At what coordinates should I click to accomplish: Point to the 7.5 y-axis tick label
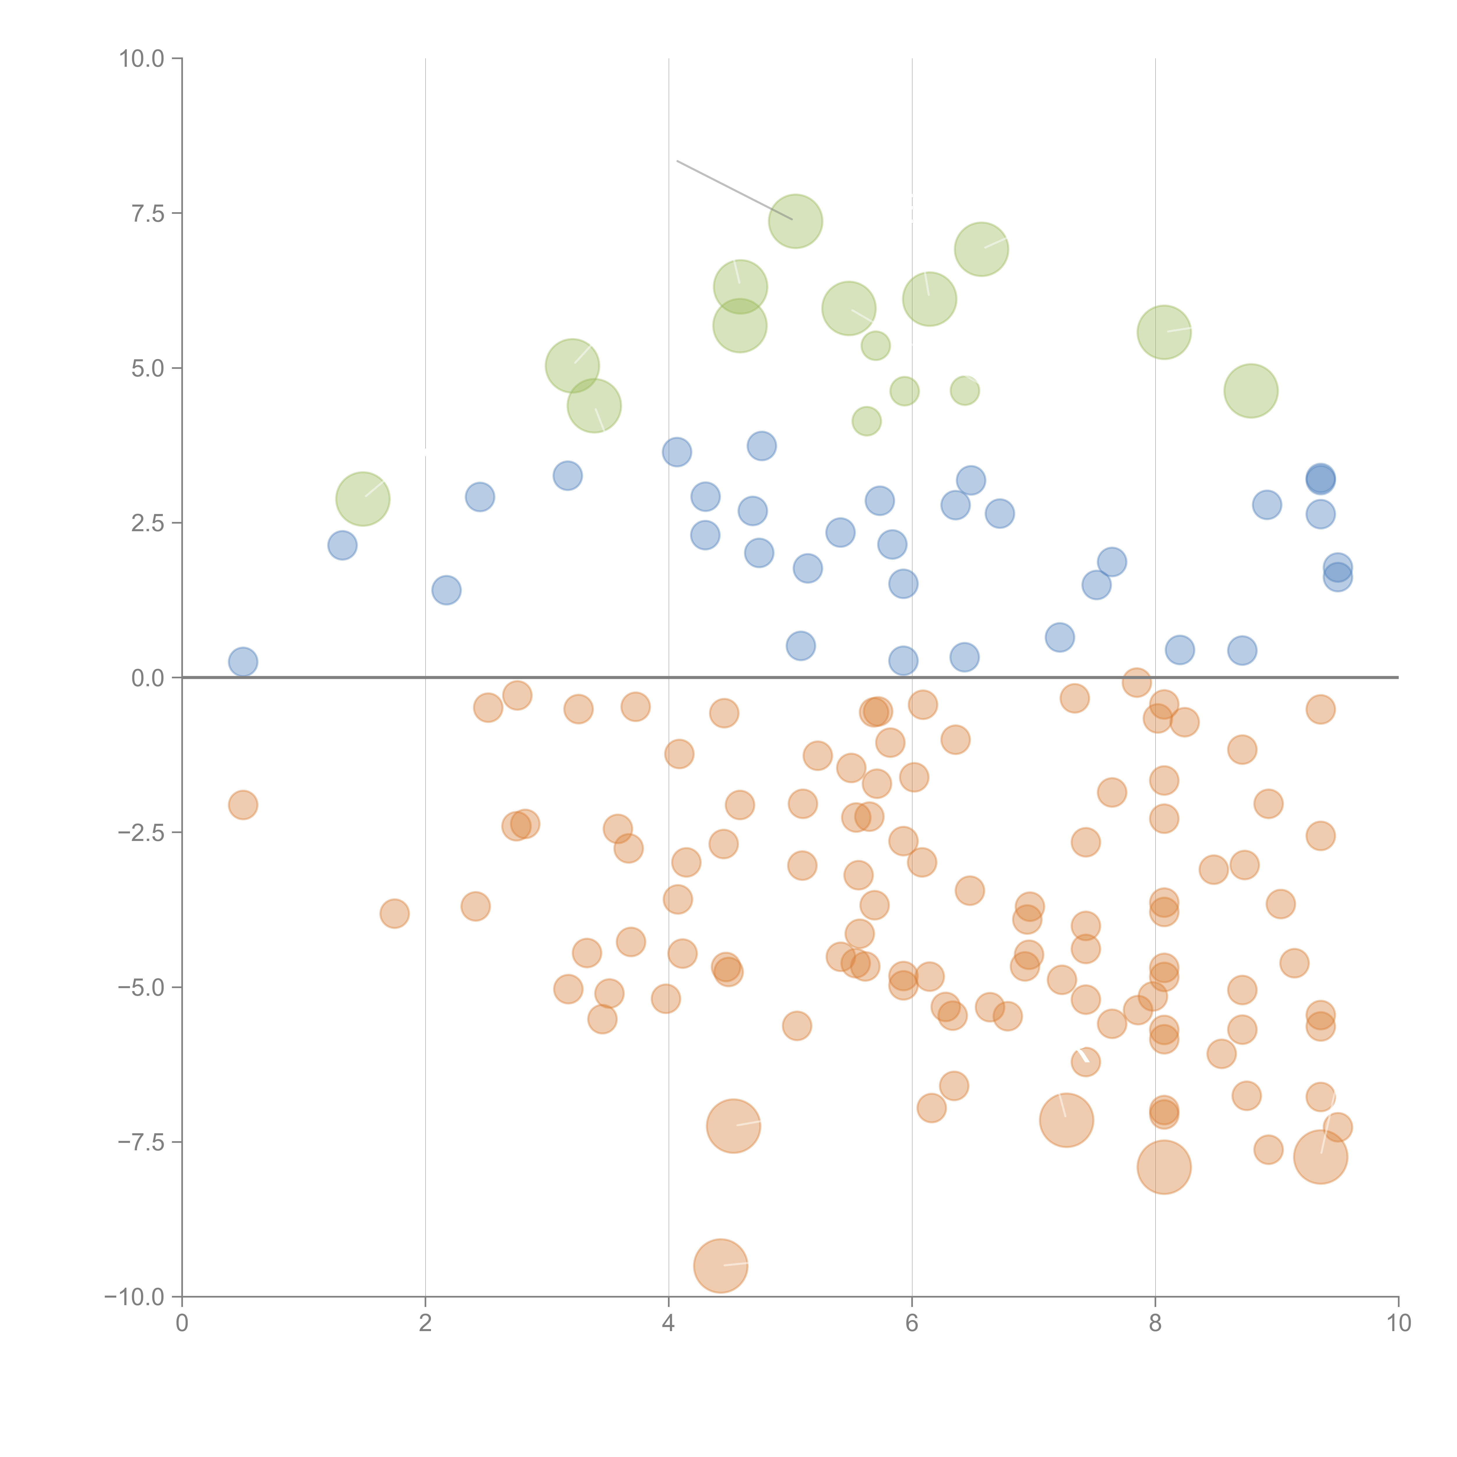tap(148, 213)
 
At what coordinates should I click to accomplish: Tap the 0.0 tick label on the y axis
tap(148, 678)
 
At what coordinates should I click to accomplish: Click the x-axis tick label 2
tap(425, 1324)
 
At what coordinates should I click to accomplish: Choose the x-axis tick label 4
tap(668, 1324)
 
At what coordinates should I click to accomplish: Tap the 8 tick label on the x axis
tap(1155, 1324)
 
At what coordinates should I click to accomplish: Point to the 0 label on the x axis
tap(182, 1324)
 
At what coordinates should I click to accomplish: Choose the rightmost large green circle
tap(1250, 391)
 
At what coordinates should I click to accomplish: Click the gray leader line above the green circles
tap(724, 185)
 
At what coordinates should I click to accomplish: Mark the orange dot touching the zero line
tap(1136, 682)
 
